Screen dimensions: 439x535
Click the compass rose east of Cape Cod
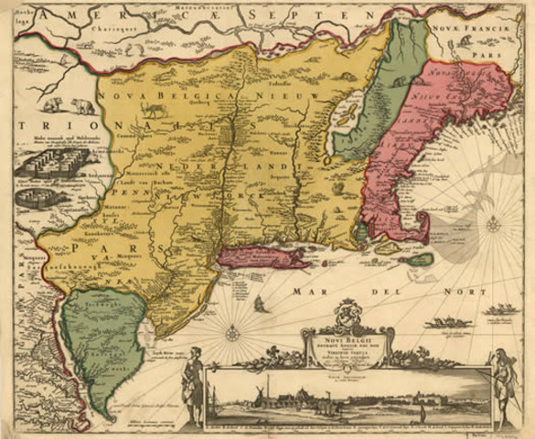point(493,222)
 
